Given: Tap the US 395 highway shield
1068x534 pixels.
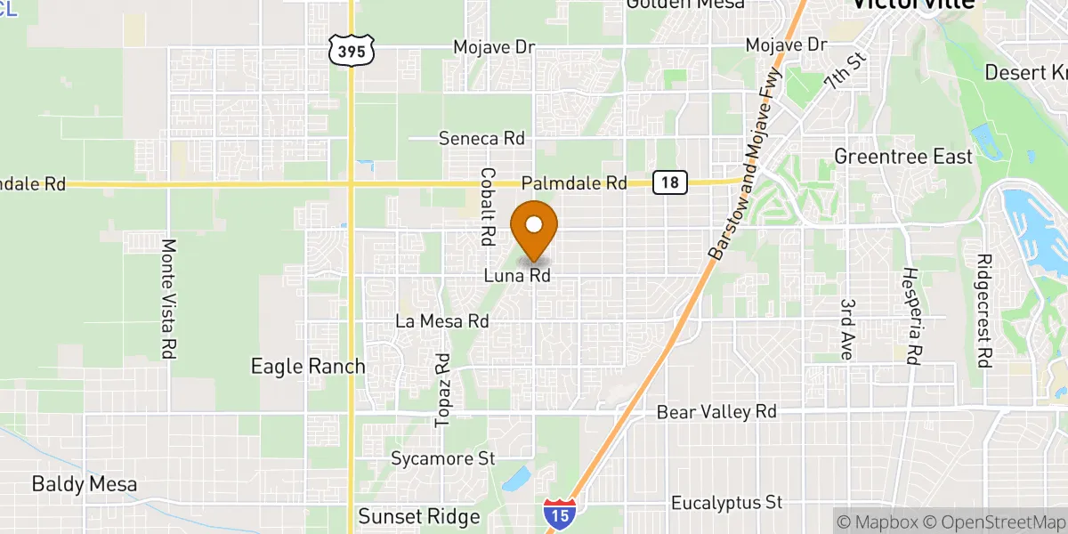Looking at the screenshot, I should pyautogui.click(x=352, y=51).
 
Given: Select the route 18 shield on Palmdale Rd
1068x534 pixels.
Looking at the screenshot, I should pyautogui.click(x=670, y=182).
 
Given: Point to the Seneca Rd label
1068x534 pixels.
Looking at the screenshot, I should pyautogui.click(x=482, y=139).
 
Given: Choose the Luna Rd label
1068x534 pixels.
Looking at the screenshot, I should pyautogui.click(x=517, y=276).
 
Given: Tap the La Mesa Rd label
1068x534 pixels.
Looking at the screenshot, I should pyautogui.click(x=443, y=320).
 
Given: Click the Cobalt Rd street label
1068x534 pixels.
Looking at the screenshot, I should pyautogui.click(x=487, y=206).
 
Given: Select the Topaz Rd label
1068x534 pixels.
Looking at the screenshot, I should pyautogui.click(x=443, y=389).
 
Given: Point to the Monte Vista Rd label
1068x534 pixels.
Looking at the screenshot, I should pyautogui.click(x=166, y=298).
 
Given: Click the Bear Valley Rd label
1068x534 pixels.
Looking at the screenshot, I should pyautogui.click(x=716, y=412).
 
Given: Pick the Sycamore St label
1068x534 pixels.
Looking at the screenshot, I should pyautogui.click(x=443, y=459).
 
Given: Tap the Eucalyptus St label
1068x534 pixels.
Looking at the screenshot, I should pyautogui.click(x=727, y=503).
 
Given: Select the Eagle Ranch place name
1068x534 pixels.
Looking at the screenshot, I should pyautogui.click(x=308, y=366).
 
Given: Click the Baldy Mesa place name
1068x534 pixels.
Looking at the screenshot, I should pyautogui.click(x=85, y=484).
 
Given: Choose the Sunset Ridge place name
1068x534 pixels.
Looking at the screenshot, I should pyautogui.click(x=419, y=516).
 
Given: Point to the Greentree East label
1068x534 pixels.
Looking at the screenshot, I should pyautogui.click(x=903, y=157).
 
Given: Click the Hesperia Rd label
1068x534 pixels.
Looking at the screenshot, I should pyautogui.click(x=911, y=315).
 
